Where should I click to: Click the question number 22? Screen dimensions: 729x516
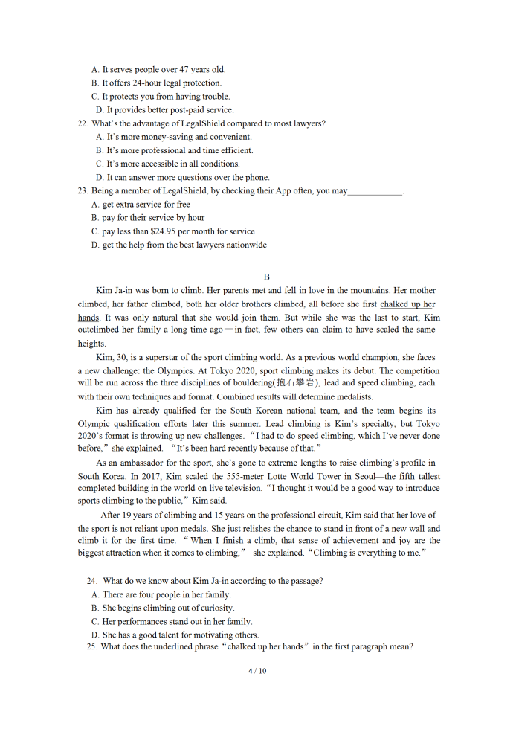click(83, 123)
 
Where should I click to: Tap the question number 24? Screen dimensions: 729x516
click(92, 581)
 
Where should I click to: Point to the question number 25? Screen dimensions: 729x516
click(91, 647)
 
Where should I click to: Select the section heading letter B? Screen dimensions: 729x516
click(266, 277)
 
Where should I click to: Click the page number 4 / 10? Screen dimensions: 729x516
click(257, 671)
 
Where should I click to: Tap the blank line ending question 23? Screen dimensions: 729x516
click(375, 191)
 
